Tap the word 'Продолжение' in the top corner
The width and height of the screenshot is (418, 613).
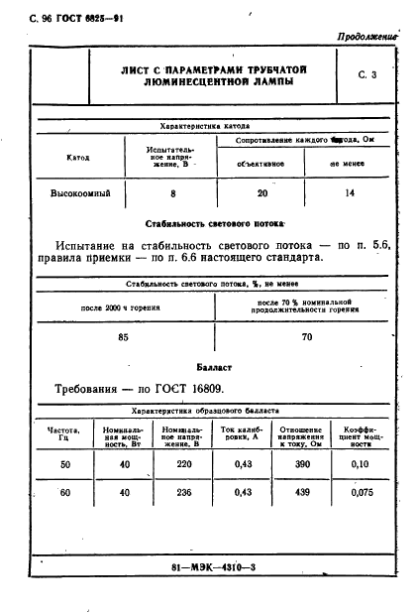366,36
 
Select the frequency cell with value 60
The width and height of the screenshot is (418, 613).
65,492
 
